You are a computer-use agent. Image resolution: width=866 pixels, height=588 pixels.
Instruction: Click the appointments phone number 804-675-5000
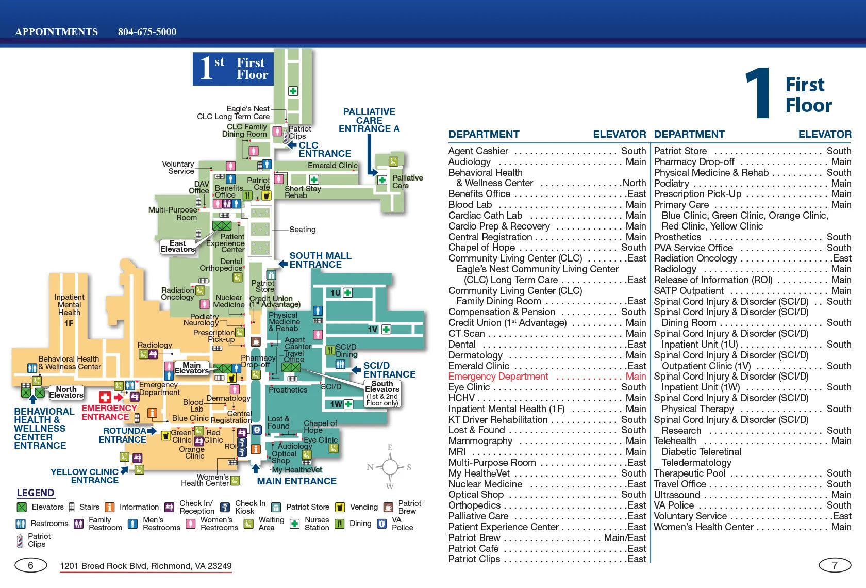click(x=147, y=32)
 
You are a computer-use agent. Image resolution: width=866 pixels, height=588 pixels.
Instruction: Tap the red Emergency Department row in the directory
click(x=546, y=377)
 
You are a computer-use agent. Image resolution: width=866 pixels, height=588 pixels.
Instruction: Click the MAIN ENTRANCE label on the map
click(x=297, y=481)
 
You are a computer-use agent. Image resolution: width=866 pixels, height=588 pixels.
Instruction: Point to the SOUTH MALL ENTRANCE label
click(x=320, y=260)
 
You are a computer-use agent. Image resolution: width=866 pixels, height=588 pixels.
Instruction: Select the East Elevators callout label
click(x=178, y=247)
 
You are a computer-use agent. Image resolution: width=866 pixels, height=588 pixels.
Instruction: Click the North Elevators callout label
click(x=66, y=393)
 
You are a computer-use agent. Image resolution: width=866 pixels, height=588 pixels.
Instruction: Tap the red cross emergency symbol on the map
click(x=105, y=397)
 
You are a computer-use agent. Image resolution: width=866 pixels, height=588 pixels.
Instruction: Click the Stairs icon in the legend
click(x=72, y=507)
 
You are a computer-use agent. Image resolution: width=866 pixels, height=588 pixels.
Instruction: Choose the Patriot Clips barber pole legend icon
click(x=20, y=541)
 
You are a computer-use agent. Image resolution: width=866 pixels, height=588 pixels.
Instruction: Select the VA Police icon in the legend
click(x=382, y=524)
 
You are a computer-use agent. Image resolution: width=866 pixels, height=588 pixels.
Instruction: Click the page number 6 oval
click(x=30, y=565)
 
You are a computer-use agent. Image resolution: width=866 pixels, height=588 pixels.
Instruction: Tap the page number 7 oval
click(x=835, y=565)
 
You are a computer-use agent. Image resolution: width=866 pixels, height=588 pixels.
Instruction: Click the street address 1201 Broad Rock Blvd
click(x=146, y=566)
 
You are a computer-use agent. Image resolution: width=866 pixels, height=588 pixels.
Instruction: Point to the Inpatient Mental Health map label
click(x=69, y=305)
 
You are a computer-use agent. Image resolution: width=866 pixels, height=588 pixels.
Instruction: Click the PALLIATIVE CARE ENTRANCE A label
click(x=369, y=120)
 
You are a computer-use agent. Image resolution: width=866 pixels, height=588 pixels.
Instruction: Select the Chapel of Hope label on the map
click(x=320, y=427)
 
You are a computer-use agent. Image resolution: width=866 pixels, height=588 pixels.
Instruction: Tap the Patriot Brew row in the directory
click(x=546, y=537)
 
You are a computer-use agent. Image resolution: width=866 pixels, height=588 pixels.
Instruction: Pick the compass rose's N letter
click(x=370, y=467)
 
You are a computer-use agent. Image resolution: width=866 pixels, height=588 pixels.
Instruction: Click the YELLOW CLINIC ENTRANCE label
click(x=85, y=476)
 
